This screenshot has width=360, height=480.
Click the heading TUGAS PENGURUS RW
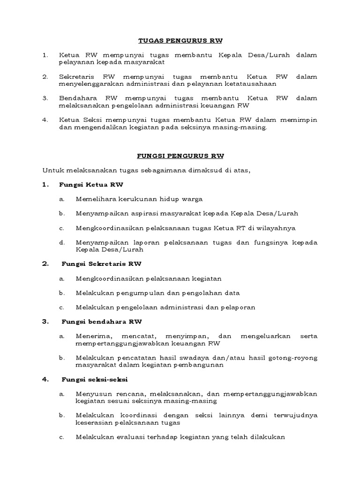click(x=180, y=41)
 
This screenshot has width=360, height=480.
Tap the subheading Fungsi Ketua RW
click(x=91, y=185)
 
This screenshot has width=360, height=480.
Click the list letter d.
click(x=61, y=243)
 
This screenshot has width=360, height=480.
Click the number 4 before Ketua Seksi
click(x=45, y=120)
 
